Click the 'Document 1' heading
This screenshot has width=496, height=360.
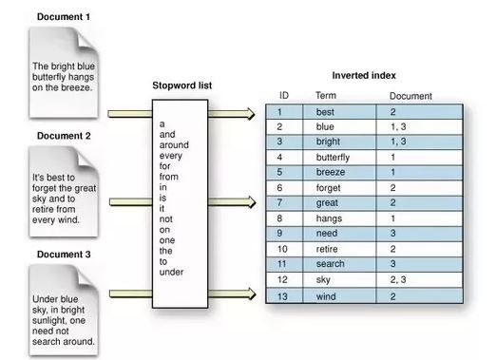(64, 17)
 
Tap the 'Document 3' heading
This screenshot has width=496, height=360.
(64, 255)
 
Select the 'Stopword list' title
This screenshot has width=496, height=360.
(182, 85)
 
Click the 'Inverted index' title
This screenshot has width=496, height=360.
(364, 76)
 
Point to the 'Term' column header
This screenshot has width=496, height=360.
(326, 95)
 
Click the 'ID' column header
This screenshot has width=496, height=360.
(284, 95)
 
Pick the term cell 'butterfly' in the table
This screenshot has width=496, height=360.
(333, 158)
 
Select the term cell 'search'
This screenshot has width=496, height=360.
(330, 264)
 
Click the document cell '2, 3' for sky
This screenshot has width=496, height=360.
(398, 279)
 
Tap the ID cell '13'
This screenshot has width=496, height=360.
(282, 296)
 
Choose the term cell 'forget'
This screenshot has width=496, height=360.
(328, 188)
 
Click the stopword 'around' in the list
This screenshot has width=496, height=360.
(174, 145)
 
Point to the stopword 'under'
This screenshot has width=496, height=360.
(171, 272)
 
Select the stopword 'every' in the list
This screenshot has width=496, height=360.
(171, 156)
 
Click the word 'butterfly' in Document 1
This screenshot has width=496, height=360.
(48, 77)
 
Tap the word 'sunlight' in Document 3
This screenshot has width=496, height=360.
(49, 320)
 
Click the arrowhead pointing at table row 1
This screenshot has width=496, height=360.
(250, 114)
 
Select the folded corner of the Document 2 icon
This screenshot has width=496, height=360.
(86, 158)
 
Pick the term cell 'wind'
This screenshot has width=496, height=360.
(326, 296)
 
